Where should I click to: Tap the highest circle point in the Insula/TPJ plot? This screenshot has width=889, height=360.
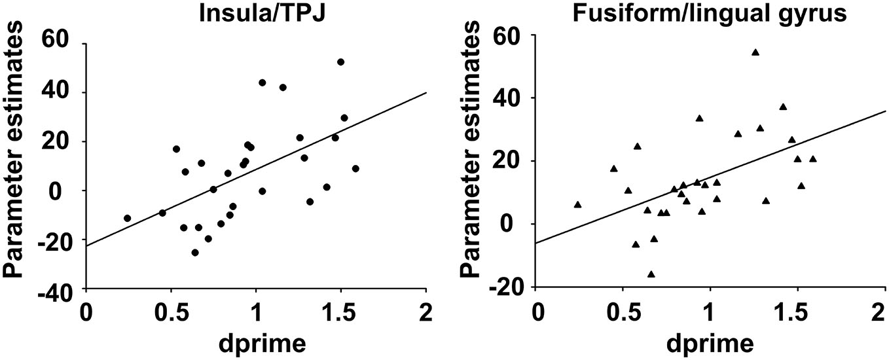tap(340, 62)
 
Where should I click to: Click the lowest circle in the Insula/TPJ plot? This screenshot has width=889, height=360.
tap(194, 252)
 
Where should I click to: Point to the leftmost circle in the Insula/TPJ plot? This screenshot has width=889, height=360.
tap(127, 218)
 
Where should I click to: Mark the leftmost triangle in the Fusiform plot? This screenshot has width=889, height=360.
tap(577, 204)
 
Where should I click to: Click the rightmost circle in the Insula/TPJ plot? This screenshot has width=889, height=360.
tap(355, 168)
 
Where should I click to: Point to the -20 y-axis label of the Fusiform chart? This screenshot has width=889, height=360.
tap(511, 288)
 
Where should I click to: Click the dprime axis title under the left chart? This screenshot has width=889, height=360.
tap(256, 342)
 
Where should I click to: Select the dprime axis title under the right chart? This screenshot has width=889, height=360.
tap(709, 342)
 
